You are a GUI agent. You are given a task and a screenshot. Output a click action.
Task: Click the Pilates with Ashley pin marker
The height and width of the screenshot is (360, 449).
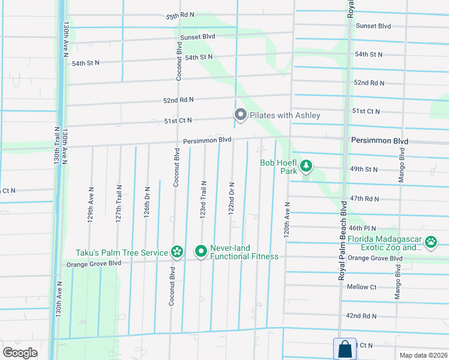coord(241,114)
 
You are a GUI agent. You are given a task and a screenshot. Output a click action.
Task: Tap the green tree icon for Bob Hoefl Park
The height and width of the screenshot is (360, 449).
coord(306,165)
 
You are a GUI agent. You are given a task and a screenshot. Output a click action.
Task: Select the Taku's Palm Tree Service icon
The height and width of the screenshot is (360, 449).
coord(176,251)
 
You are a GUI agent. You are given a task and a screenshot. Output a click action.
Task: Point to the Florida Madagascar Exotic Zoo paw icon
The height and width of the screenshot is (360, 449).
coord(431,242)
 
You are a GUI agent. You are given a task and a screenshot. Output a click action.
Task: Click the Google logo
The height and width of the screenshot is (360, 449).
coord(20,352)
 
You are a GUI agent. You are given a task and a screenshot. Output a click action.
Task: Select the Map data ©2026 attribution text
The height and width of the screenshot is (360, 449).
coord(423,355)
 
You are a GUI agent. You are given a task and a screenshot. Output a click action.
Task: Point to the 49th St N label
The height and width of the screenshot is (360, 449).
coord(364,169)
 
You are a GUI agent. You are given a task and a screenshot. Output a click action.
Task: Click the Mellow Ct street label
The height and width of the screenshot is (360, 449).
coord(361,287)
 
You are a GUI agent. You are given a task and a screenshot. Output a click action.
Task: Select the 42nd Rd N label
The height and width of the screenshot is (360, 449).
coord(361,316)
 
